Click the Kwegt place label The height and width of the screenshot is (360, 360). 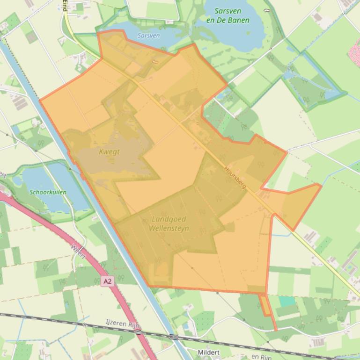(110, 151)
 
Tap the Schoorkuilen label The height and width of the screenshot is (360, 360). (48, 192)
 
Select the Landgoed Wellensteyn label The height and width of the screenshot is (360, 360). (169, 224)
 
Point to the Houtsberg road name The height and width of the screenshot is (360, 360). (235, 178)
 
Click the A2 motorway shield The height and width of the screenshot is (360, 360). (107, 281)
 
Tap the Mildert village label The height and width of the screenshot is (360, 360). (209, 352)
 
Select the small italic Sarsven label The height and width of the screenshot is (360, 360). (148, 36)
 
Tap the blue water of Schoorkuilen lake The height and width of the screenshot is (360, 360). (61, 182)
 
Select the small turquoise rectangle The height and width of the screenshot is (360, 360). (287, 301)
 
